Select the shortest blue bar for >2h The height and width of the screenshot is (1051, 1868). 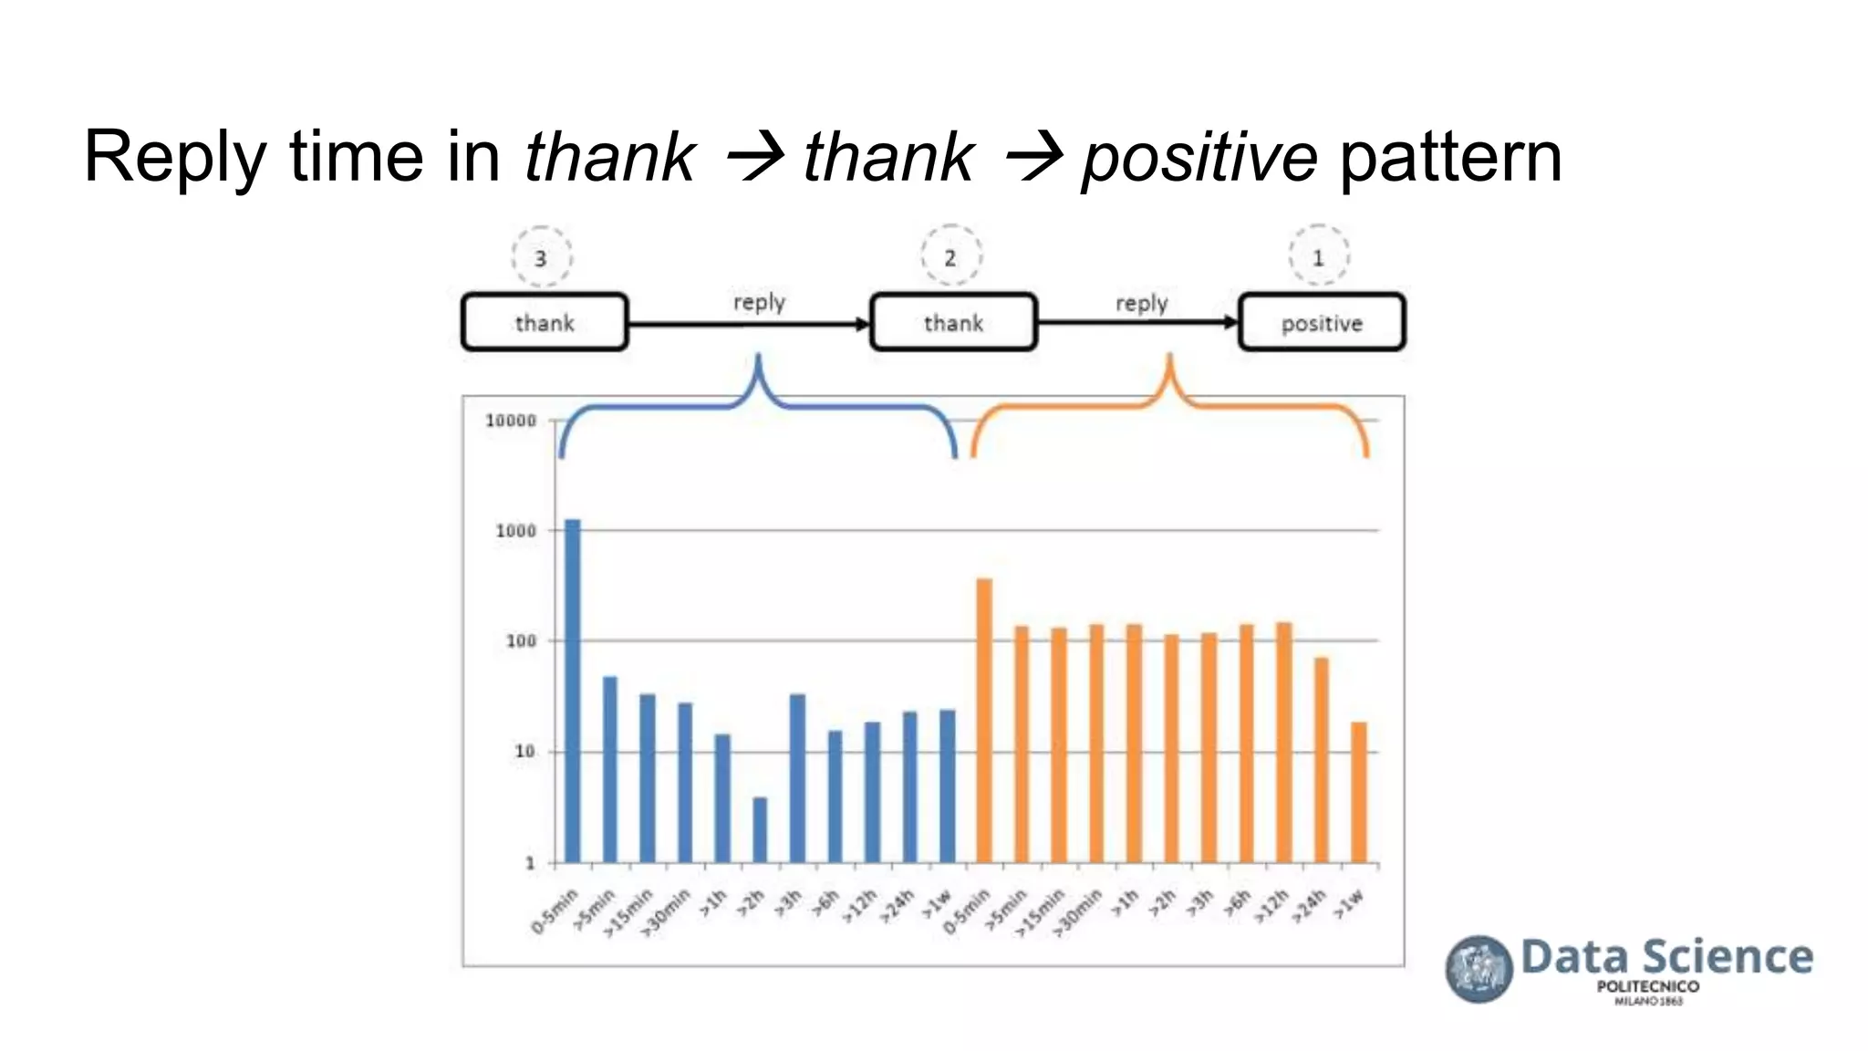point(760,830)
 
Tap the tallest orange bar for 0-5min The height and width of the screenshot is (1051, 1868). point(984,721)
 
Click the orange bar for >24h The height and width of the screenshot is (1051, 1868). point(1321,760)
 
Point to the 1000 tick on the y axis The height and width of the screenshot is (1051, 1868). point(516,531)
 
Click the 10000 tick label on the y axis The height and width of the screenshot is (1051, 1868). point(511,421)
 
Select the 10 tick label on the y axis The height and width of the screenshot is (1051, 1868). point(524,752)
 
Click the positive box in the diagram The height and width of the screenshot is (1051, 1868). point(1321,323)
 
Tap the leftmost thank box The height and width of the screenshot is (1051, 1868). point(545,323)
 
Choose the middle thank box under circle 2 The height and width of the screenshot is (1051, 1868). point(953,323)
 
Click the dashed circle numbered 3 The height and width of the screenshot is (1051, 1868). point(541,258)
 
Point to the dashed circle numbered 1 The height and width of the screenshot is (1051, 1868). point(1318,257)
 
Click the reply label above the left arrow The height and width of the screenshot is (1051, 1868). point(759,302)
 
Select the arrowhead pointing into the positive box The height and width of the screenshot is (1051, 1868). point(1230,322)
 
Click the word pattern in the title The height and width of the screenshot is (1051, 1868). point(1450,157)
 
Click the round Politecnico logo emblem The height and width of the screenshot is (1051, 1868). point(1479,969)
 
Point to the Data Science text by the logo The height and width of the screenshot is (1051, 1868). point(1666,957)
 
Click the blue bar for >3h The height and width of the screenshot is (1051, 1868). point(797,778)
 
